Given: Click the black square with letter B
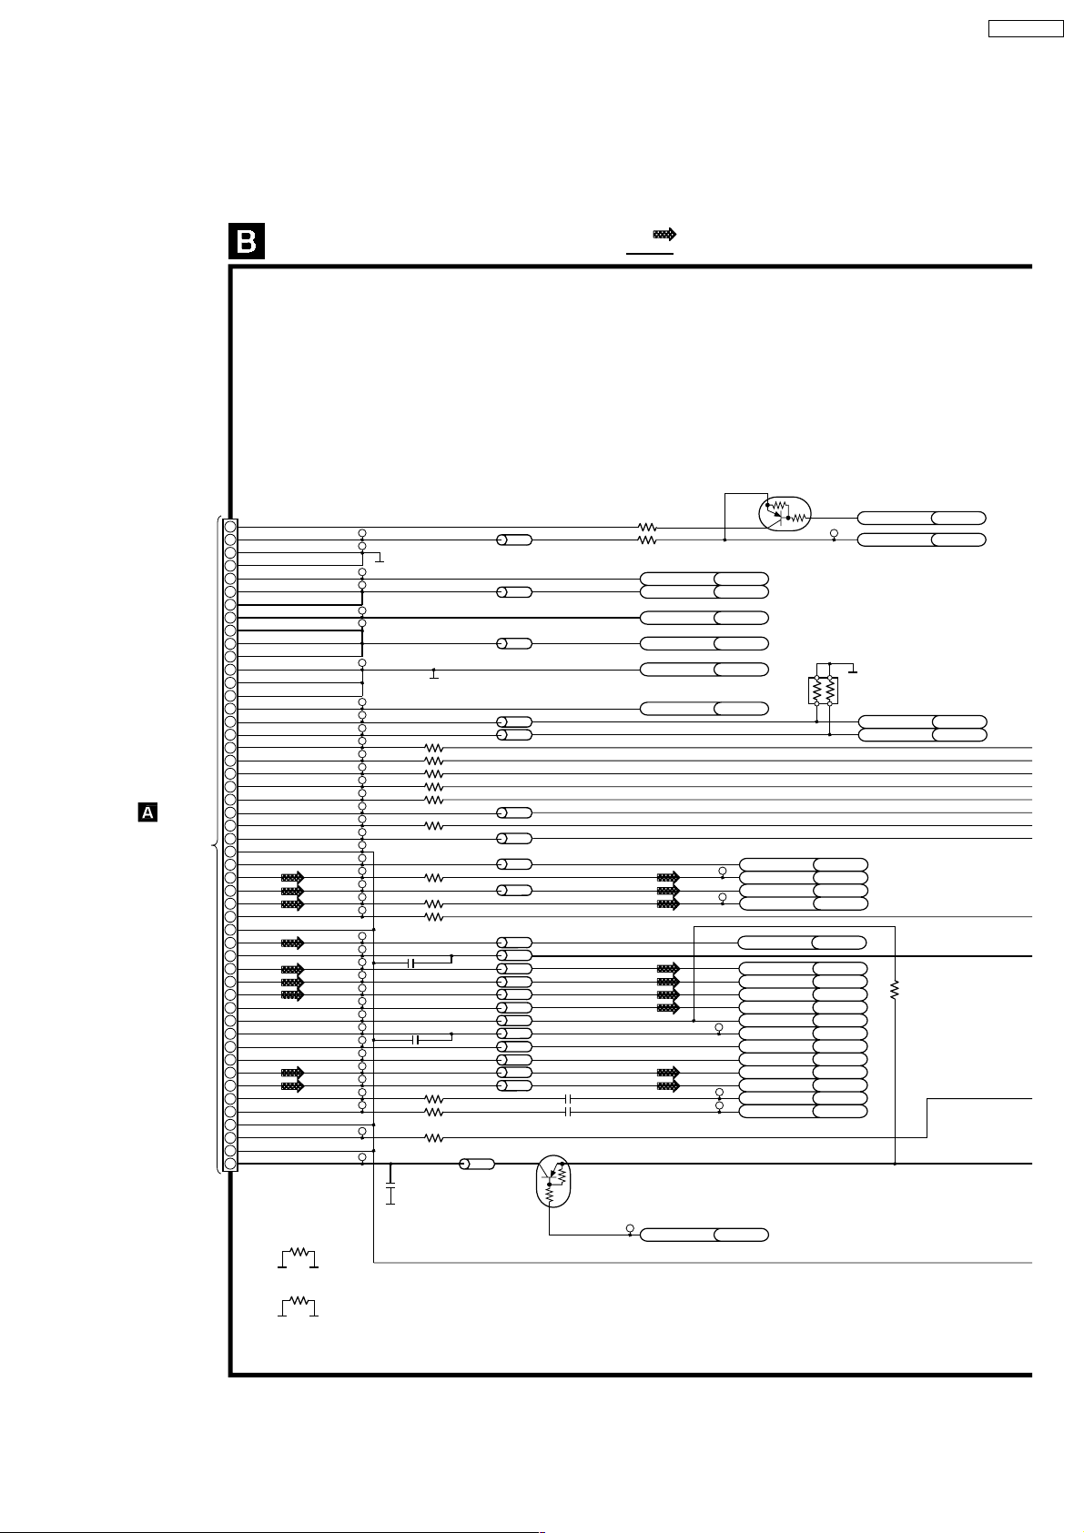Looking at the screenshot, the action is [x=246, y=241].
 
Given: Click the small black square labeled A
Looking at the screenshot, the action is [x=147, y=812].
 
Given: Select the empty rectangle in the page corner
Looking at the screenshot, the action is [x=1026, y=28].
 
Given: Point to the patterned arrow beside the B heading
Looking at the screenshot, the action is [x=664, y=235].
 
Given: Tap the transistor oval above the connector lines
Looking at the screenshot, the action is [x=784, y=514].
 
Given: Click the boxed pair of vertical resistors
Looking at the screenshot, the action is [x=823, y=690].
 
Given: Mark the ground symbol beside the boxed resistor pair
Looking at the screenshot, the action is [x=853, y=671].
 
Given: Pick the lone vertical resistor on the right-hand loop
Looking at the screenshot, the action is [x=895, y=990].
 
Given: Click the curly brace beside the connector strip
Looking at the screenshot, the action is [x=216, y=845].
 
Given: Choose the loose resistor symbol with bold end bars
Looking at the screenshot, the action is [x=298, y=1257].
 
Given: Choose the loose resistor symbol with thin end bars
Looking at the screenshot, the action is [x=298, y=1306].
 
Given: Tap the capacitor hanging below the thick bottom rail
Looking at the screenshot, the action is [x=390, y=1195].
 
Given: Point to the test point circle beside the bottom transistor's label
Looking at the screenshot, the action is [x=630, y=1229].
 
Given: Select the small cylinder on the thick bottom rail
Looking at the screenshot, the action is [x=477, y=1164].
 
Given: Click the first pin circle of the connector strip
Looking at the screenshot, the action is [x=230, y=527].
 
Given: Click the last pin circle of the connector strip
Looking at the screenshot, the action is [x=230, y=1164].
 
